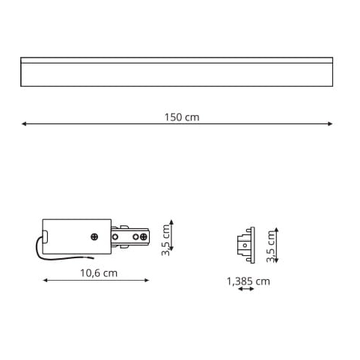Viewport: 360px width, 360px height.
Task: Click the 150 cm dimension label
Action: [182, 118]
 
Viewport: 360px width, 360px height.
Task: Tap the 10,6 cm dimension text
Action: [99, 273]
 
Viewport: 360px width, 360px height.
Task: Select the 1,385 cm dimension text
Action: [248, 281]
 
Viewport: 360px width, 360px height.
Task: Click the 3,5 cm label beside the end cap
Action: [270, 246]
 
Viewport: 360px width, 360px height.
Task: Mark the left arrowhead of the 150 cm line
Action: [24, 123]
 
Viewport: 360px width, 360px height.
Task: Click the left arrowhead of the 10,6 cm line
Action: [46, 281]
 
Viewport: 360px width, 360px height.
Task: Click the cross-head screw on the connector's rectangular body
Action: [94, 237]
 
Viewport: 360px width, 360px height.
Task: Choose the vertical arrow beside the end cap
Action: [275, 245]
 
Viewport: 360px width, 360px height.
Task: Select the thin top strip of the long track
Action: [177, 60]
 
